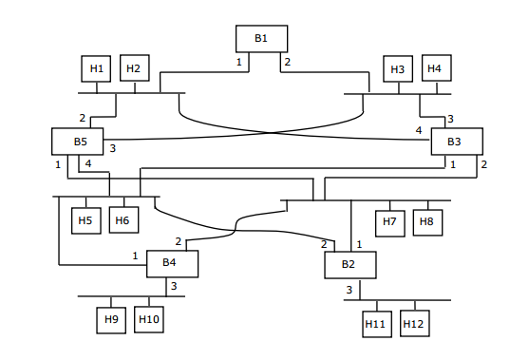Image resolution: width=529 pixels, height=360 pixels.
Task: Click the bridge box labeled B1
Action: [261, 38]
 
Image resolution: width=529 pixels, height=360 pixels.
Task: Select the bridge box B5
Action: [80, 142]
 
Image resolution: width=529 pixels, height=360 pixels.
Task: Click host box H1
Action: [97, 68]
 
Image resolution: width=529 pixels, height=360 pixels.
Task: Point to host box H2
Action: [134, 68]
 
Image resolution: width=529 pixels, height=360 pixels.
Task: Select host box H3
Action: [400, 69]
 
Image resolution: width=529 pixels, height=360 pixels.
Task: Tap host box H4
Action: [436, 68]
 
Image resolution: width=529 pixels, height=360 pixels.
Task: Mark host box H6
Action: [123, 220]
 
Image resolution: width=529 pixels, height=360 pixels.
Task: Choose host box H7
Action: [390, 222]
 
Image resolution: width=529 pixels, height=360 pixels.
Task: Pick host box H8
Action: [427, 222]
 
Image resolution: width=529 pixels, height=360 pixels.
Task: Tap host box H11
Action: [376, 324]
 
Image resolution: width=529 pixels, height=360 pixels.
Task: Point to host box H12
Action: [413, 324]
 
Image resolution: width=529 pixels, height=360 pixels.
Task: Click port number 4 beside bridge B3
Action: [418, 130]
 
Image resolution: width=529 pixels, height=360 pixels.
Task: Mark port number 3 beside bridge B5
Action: [112, 149]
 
